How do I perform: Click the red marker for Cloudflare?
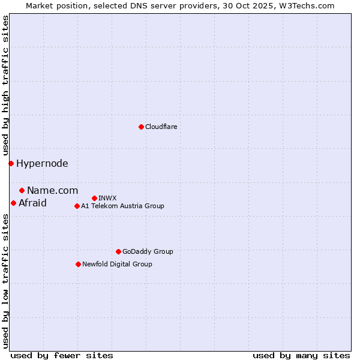coord(141,127)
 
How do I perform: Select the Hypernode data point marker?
coord(11,163)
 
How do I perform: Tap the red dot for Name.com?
coord(22,190)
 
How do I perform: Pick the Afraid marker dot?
coord(13,203)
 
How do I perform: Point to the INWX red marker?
coord(94,198)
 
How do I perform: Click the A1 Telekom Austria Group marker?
coord(77,206)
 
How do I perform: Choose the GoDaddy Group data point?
coord(118,251)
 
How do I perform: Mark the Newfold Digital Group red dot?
coord(78,264)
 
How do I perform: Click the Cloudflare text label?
coord(161,127)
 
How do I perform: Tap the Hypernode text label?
coord(42,163)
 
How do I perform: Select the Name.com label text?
coord(52,190)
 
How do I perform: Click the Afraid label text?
coord(32,203)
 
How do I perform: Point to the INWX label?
coord(107,198)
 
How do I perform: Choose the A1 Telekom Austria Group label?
coord(122,206)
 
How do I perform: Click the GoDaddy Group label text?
coord(147,251)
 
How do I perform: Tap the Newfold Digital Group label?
coord(117,264)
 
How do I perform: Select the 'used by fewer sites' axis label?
coord(62,355)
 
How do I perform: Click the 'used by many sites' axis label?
coord(301,355)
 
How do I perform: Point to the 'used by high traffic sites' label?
coord(5,86)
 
